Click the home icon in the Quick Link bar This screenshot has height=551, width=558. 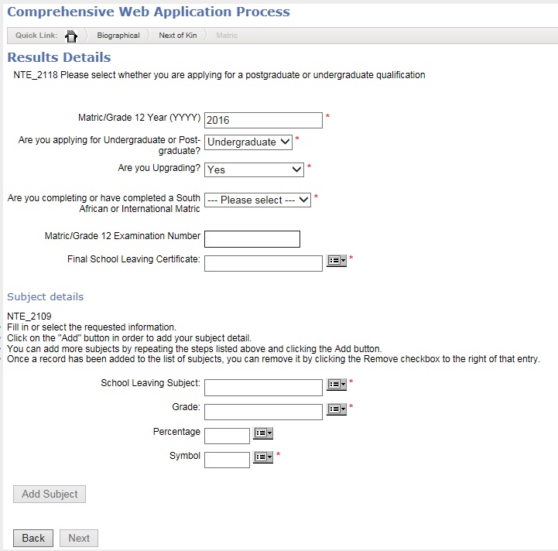tap(71, 36)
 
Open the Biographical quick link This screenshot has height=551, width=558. tap(118, 36)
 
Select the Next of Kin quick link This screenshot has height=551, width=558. tap(177, 36)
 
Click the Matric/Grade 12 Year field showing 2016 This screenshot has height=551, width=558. tap(263, 120)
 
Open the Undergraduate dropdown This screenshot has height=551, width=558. tap(248, 142)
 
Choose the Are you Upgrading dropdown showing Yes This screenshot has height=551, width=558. tap(255, 169)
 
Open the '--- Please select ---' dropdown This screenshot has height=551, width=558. tap(258, 200)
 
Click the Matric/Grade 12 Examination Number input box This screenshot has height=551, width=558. tap(252, 239)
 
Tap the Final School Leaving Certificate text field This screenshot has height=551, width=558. tap(263, 263)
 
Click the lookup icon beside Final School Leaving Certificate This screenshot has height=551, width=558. tap(337, 262)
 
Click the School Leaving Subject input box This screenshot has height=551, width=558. tap(263, 387)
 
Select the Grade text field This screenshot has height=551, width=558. tap(263, 412)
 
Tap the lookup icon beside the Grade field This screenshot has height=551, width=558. tap(337, 409)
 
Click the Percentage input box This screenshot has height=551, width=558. tap(227, 436)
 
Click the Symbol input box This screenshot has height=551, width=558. tap(227, 460)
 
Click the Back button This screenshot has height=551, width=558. tap(33, 538)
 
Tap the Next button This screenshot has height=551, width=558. tap(79, 538)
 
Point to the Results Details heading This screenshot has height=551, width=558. tap(59, 57)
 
